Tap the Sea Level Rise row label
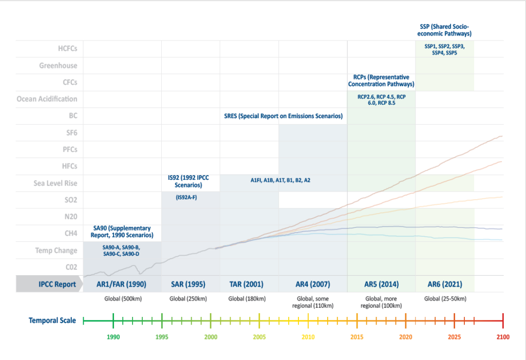point(54,182)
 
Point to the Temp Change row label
point(56,251)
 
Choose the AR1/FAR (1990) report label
point(122,284)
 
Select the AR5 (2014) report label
point(381,284)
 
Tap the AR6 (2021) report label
point(444,284)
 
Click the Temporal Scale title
point(52,320)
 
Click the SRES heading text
point(283,116)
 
